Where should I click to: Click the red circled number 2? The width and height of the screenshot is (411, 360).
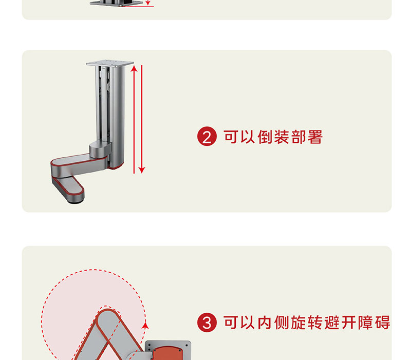207,138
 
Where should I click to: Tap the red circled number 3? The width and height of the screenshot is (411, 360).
207,323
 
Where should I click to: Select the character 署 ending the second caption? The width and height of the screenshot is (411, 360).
314,137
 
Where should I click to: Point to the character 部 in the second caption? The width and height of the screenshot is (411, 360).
298,137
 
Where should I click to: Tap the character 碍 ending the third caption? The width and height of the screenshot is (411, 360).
383,323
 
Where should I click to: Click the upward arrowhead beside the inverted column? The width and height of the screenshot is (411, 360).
134,67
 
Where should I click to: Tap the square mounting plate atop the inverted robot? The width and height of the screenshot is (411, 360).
106,64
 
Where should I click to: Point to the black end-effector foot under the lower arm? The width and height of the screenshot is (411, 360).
76,201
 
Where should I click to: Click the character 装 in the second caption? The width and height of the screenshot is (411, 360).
281,137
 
